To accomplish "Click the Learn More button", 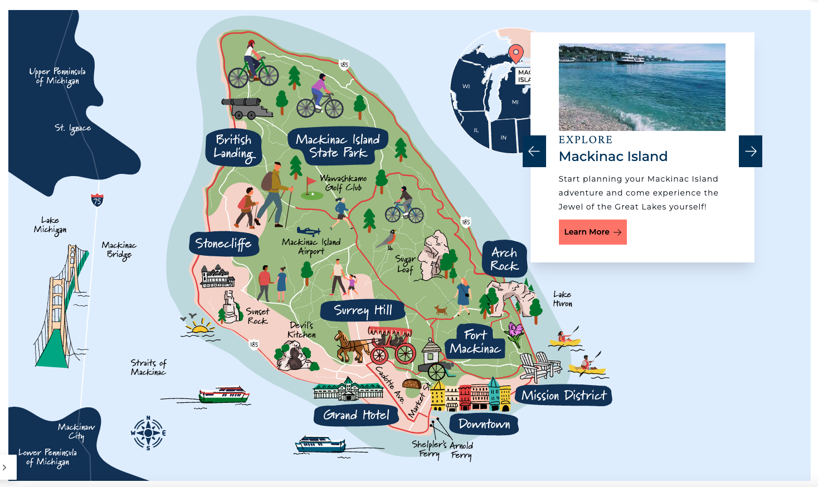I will tap(592, 232).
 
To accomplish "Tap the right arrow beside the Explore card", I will tap(750, 151).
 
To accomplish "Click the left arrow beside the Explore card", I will tap(534, 151).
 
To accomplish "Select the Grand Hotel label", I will tap(356, 415).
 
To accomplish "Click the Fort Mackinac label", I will tap(475, 342).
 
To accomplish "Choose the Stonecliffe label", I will tap(223, 244).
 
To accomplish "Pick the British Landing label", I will tap(233, 147).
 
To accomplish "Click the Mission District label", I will tap(563, 396).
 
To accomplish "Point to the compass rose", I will tap(148, 433).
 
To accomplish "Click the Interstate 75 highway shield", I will tap(97, 200).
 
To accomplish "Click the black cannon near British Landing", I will tap(245, 108).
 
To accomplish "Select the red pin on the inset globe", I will tap(516, 53).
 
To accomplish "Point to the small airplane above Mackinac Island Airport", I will tap(308, 231).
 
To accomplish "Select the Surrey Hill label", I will tap(363, 310).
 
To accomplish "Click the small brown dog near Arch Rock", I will tap(441, 310).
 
